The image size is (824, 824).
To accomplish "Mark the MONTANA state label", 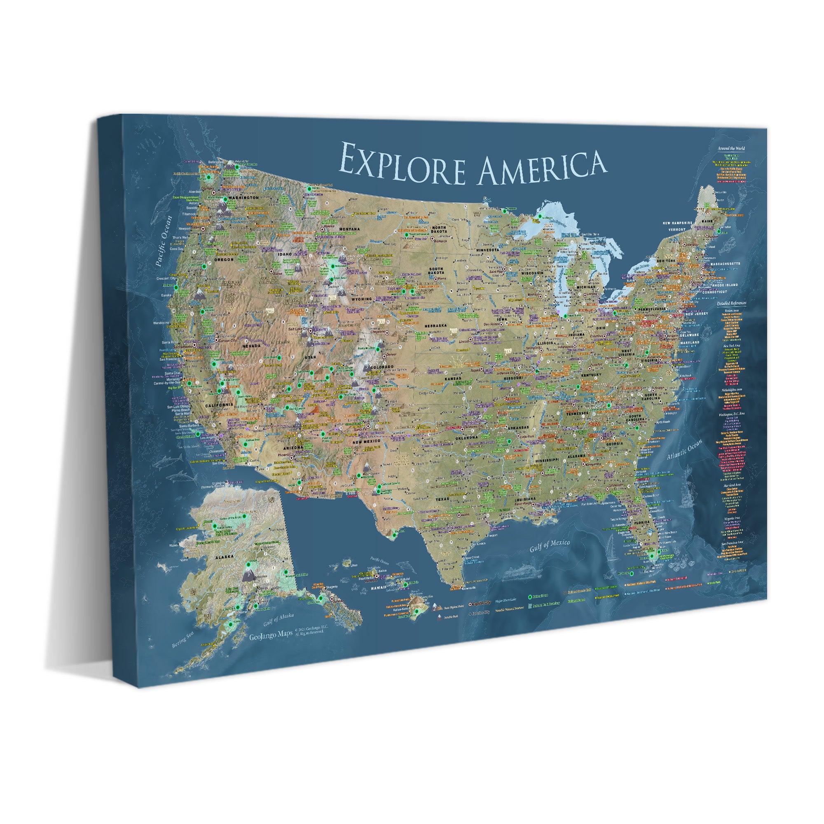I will (x=349, y=229).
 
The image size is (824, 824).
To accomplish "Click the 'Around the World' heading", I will (x=731, y=148).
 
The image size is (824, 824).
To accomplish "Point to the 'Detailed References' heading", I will (x=731, y=303).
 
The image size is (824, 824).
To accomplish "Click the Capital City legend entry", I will (x=481, y=603).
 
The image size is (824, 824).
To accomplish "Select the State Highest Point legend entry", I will (x=451, y=608).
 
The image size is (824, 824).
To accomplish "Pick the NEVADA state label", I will (x=251, y=346).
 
